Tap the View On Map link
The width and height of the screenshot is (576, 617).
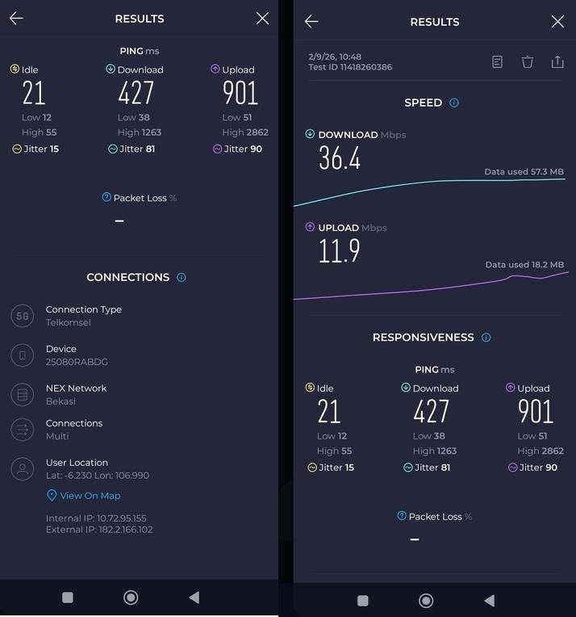coord(90,496)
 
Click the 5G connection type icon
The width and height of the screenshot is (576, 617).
coord(23,317)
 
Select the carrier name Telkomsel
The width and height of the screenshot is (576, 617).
coord(69,323)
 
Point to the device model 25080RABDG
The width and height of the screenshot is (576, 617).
coord(77,363)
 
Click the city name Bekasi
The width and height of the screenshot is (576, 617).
coord(61,401)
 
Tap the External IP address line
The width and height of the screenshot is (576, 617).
coord(99,530)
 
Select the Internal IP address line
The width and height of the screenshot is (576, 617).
coord(96,518)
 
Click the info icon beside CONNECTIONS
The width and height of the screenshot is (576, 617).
coord(182,277)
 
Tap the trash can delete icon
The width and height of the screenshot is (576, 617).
coord(528,61)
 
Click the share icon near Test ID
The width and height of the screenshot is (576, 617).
coord(557,61)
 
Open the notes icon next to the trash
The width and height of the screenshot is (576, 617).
coord(499,61)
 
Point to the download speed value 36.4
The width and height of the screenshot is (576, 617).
coord(340,157)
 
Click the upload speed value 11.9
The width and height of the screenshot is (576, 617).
coord(339,250)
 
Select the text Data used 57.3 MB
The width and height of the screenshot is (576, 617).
coord(524,172)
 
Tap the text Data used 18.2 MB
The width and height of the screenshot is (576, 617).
coord(524,265)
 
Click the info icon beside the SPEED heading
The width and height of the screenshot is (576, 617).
coord(454,103)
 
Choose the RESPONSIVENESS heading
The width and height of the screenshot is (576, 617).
coord(423,338)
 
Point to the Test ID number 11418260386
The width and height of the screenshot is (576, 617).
coord(368,67)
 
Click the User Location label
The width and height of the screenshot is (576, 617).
coord(77,463)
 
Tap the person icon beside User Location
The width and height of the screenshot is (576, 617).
coord(23,468)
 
